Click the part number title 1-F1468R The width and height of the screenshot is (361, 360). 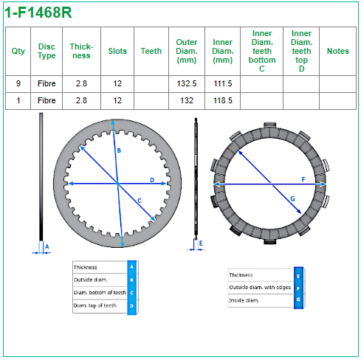tap(38, 13)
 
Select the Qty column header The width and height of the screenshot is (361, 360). tap(18, 52)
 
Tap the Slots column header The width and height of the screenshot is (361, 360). tap(117, 51)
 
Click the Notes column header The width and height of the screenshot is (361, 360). tap(337, 51)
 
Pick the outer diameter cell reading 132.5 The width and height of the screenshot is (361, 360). tap(187, 83)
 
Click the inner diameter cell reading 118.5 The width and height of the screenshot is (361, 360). tap(223, 100)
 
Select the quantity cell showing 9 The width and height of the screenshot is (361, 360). tap(18, 83)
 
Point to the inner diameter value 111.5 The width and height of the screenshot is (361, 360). tap(223, 83)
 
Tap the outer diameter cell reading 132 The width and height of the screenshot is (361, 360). tap(187, 100)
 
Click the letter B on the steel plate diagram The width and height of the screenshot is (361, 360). tap(119, 150)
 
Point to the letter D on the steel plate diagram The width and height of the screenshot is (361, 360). tap(152, 180)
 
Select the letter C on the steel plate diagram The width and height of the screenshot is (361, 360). tap(140, 201)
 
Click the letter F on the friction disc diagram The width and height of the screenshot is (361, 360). tap(303, 179)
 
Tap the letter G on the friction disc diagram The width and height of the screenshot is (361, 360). tap(292, 198)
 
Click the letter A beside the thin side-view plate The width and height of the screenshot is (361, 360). tap(47, 246)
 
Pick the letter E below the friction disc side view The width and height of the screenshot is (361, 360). tap(201, 243)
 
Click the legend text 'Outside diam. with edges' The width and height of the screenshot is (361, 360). tap(260, 287)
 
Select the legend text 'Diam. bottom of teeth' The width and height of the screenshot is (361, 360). tap(100, 292)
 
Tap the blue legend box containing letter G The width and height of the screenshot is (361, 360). tap(298, 300)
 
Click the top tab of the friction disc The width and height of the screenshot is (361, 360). tap(270, 125)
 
